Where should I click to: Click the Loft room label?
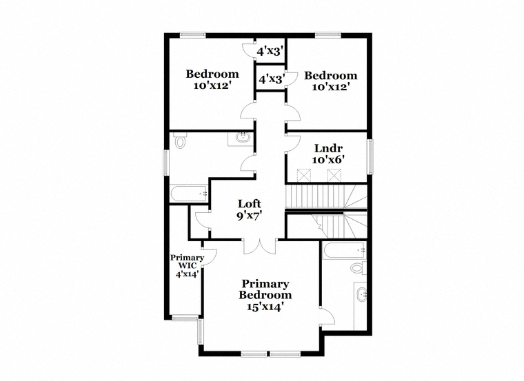point(250,203)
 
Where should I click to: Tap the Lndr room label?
point(328,148)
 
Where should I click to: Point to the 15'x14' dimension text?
point(265,306)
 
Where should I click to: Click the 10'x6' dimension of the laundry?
point(328,160)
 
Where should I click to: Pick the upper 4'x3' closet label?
point(270,51)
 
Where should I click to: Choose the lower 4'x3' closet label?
point(272,79)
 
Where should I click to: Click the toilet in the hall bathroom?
point(180,141)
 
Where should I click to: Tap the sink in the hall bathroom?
point(241,137)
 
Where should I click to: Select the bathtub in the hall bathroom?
point(189,194)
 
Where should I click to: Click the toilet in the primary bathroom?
point(359,268)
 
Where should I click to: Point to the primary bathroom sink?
point(361,294)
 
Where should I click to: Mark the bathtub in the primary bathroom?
point(344,250)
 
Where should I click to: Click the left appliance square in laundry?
point(304,175)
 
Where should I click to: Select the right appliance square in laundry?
point(334,175)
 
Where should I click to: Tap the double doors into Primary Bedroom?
point(260,247)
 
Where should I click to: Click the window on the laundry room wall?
point(370,157)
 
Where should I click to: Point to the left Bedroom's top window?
point(193,34)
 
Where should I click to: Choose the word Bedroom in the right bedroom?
point(330,76)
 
